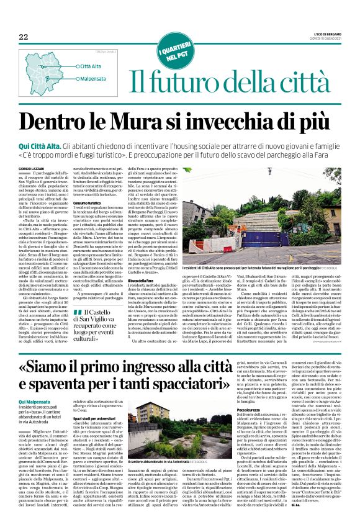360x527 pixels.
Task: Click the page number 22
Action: click(23, 37)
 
